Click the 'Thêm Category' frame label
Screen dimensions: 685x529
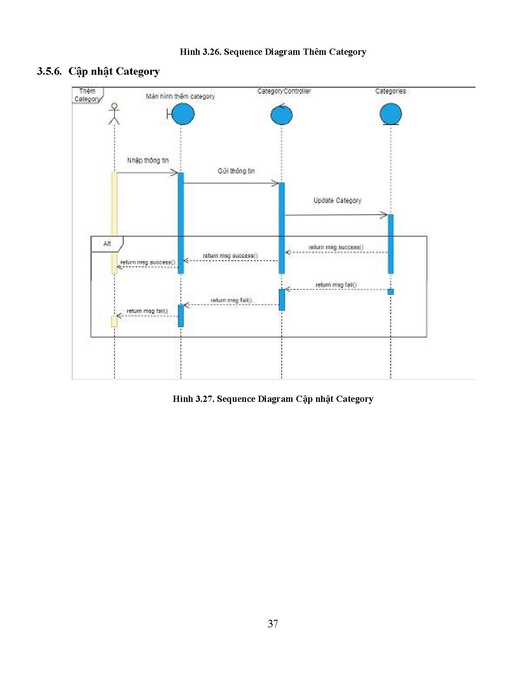pyautogui.click(x=87, y=95)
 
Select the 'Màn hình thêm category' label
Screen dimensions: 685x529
pyautogui.click(x=180, y=96)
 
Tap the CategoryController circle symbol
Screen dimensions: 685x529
pyautogui.click(x=282, y=115)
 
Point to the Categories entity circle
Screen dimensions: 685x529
pyautogui.click(x=390, y=114)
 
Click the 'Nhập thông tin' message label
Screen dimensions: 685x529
pyautogui.click(x=148, y=161)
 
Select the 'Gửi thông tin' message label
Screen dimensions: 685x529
pyautogui.click(x=236, y=171)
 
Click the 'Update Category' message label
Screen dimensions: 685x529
pyautogui.click(x=337, y=201)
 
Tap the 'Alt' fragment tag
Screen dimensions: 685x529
pyautogui.click(x=107, y=244)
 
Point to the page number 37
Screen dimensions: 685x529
pyautogui.click(x=273, y=624)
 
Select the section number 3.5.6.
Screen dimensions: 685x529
pyautogui.click(x=49, y=71)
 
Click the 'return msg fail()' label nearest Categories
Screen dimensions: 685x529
pyautogui.click(x=336, y=285)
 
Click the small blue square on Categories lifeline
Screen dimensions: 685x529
pyautogui.click(x=390, y=292)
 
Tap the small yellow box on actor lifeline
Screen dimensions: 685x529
pyautogui.click(x=114, y=321)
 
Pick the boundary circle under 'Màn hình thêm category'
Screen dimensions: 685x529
pyautogui.click(x=183, y=114)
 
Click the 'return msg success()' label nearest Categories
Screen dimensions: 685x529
pyautogui.click(x=336, y=247)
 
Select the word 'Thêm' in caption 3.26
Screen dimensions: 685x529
pyautogui.click(x=314, y=52)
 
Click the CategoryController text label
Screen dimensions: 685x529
pyautogui.click(x=284, y=91)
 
